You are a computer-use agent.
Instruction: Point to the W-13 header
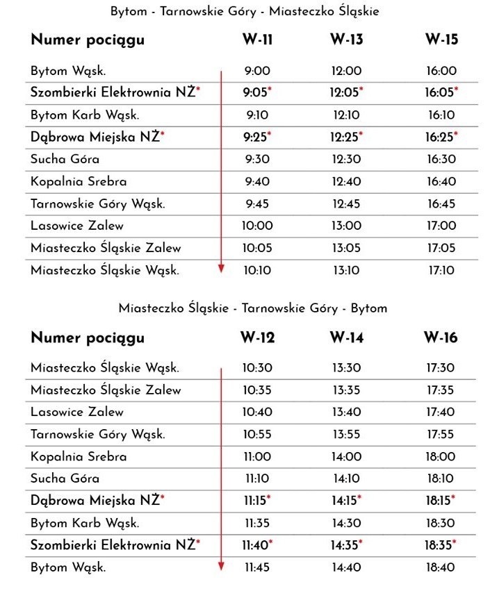point(346,40)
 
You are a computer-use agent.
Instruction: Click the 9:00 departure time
point(256,70)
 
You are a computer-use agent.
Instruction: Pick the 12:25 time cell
point(346,137)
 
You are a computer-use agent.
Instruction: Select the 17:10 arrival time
point(441,270)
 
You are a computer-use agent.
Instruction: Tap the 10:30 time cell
point(257,367)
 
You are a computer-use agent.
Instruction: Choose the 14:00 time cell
point(347,456)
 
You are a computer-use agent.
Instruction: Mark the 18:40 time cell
point(441,567)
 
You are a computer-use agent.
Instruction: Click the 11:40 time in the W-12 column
point(256,545)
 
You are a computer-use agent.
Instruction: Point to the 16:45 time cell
point(441,203)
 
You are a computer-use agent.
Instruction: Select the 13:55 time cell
point(347,434)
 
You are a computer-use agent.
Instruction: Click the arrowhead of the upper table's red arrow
point(221,268)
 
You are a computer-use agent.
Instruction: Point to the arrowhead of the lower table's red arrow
point(221,566)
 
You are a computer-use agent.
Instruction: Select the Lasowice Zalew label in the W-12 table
point(77,412)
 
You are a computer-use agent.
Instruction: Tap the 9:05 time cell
point(256,92)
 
